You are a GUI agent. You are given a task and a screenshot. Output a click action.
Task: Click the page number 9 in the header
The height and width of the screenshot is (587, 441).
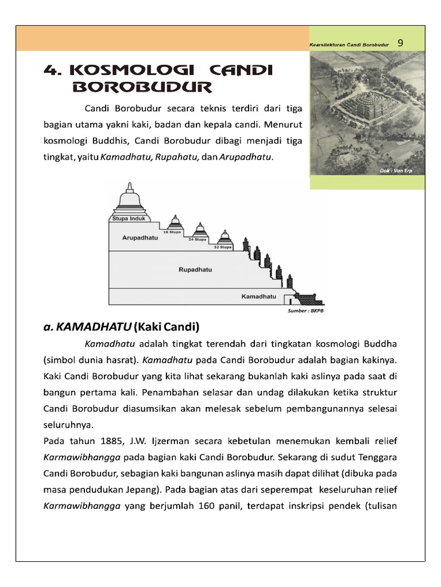(x=400, y=42)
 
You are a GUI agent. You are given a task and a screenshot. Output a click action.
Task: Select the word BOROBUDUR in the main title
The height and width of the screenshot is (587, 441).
(x=143, y=87)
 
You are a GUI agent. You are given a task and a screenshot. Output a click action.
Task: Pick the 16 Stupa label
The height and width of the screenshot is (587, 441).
(x=172, y=232)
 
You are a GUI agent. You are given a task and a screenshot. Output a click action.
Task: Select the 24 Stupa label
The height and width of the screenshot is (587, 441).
(x=198, y=239)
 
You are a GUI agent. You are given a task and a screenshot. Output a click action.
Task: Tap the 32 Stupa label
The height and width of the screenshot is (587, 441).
(x=222, y=247)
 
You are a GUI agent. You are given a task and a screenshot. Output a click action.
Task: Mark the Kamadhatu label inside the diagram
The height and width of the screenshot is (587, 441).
(x=258, y=297)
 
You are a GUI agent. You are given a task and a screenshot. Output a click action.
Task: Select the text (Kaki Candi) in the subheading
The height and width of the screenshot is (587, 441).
(x=166, y=328)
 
